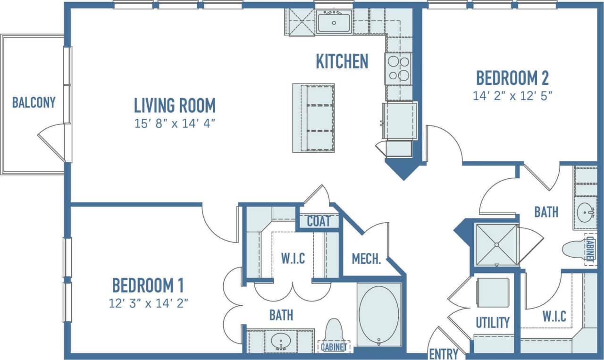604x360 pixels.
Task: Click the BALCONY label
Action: click(34, 102)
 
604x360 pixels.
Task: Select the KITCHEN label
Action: click(342, 61)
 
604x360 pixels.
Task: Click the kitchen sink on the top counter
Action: click(334, 22)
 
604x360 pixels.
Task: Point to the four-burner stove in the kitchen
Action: click(398, 68)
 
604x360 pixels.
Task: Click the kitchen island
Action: click(313, 118)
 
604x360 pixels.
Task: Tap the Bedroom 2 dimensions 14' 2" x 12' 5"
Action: click(512, 96)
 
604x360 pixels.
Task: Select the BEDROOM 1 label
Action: click(148, 285)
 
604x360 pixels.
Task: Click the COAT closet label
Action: click(319, 221)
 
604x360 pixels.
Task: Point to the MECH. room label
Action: click(366, 259)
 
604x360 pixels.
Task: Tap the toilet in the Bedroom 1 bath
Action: click(334, 333)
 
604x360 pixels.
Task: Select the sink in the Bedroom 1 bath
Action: click(280, 340)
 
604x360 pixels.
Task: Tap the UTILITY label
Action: click(492, 323)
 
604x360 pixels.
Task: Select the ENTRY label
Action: click(444, 353)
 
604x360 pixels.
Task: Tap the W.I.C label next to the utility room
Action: click(554, 316)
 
